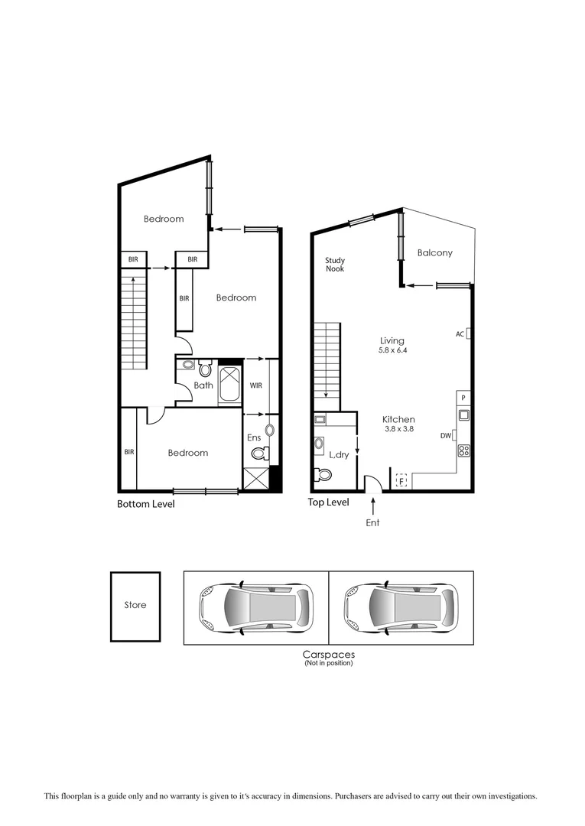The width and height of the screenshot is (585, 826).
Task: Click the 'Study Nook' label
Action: tap(335, 265)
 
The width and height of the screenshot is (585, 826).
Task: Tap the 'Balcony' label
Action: tap(434, 252)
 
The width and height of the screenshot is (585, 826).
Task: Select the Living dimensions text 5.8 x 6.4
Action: tap(393, 351)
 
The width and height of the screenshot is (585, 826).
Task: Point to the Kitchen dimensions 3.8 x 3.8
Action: tap(398, 430)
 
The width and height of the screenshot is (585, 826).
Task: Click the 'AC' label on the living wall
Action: tap(460, 333)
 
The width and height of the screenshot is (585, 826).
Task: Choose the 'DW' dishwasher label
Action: tap(447, 435)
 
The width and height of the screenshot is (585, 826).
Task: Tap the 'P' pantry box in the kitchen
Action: tap(463, 398)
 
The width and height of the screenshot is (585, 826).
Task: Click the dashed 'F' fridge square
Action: tap(401, 481)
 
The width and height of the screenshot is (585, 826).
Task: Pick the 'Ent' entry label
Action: tap(372, 523)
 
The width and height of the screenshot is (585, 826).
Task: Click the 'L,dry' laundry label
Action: tap(338, 455)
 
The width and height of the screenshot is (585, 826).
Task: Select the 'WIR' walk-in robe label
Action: tap(255, 385)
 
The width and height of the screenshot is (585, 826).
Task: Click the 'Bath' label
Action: tap(203, 385)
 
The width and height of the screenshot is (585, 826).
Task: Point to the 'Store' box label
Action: tap(135, 605)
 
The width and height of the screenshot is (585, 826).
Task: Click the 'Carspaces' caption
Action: tap(328, 655)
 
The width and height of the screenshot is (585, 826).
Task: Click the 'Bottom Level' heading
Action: tap(145, 504)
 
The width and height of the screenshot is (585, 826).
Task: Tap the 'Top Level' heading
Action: tap(328, 502)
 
